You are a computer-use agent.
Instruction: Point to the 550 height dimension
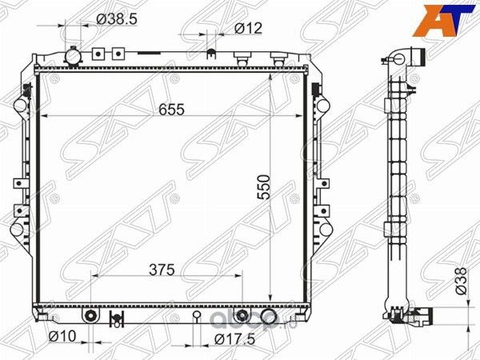(x=274, y=187)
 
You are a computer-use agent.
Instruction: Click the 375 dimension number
(x=162, y=269)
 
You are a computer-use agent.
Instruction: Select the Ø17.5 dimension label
(x=230, y=339)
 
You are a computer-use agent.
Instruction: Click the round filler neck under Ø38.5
(x=74, y=57)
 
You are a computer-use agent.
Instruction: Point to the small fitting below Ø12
(x=211, y=55)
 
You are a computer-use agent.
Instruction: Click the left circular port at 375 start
(x=93, y=315)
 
